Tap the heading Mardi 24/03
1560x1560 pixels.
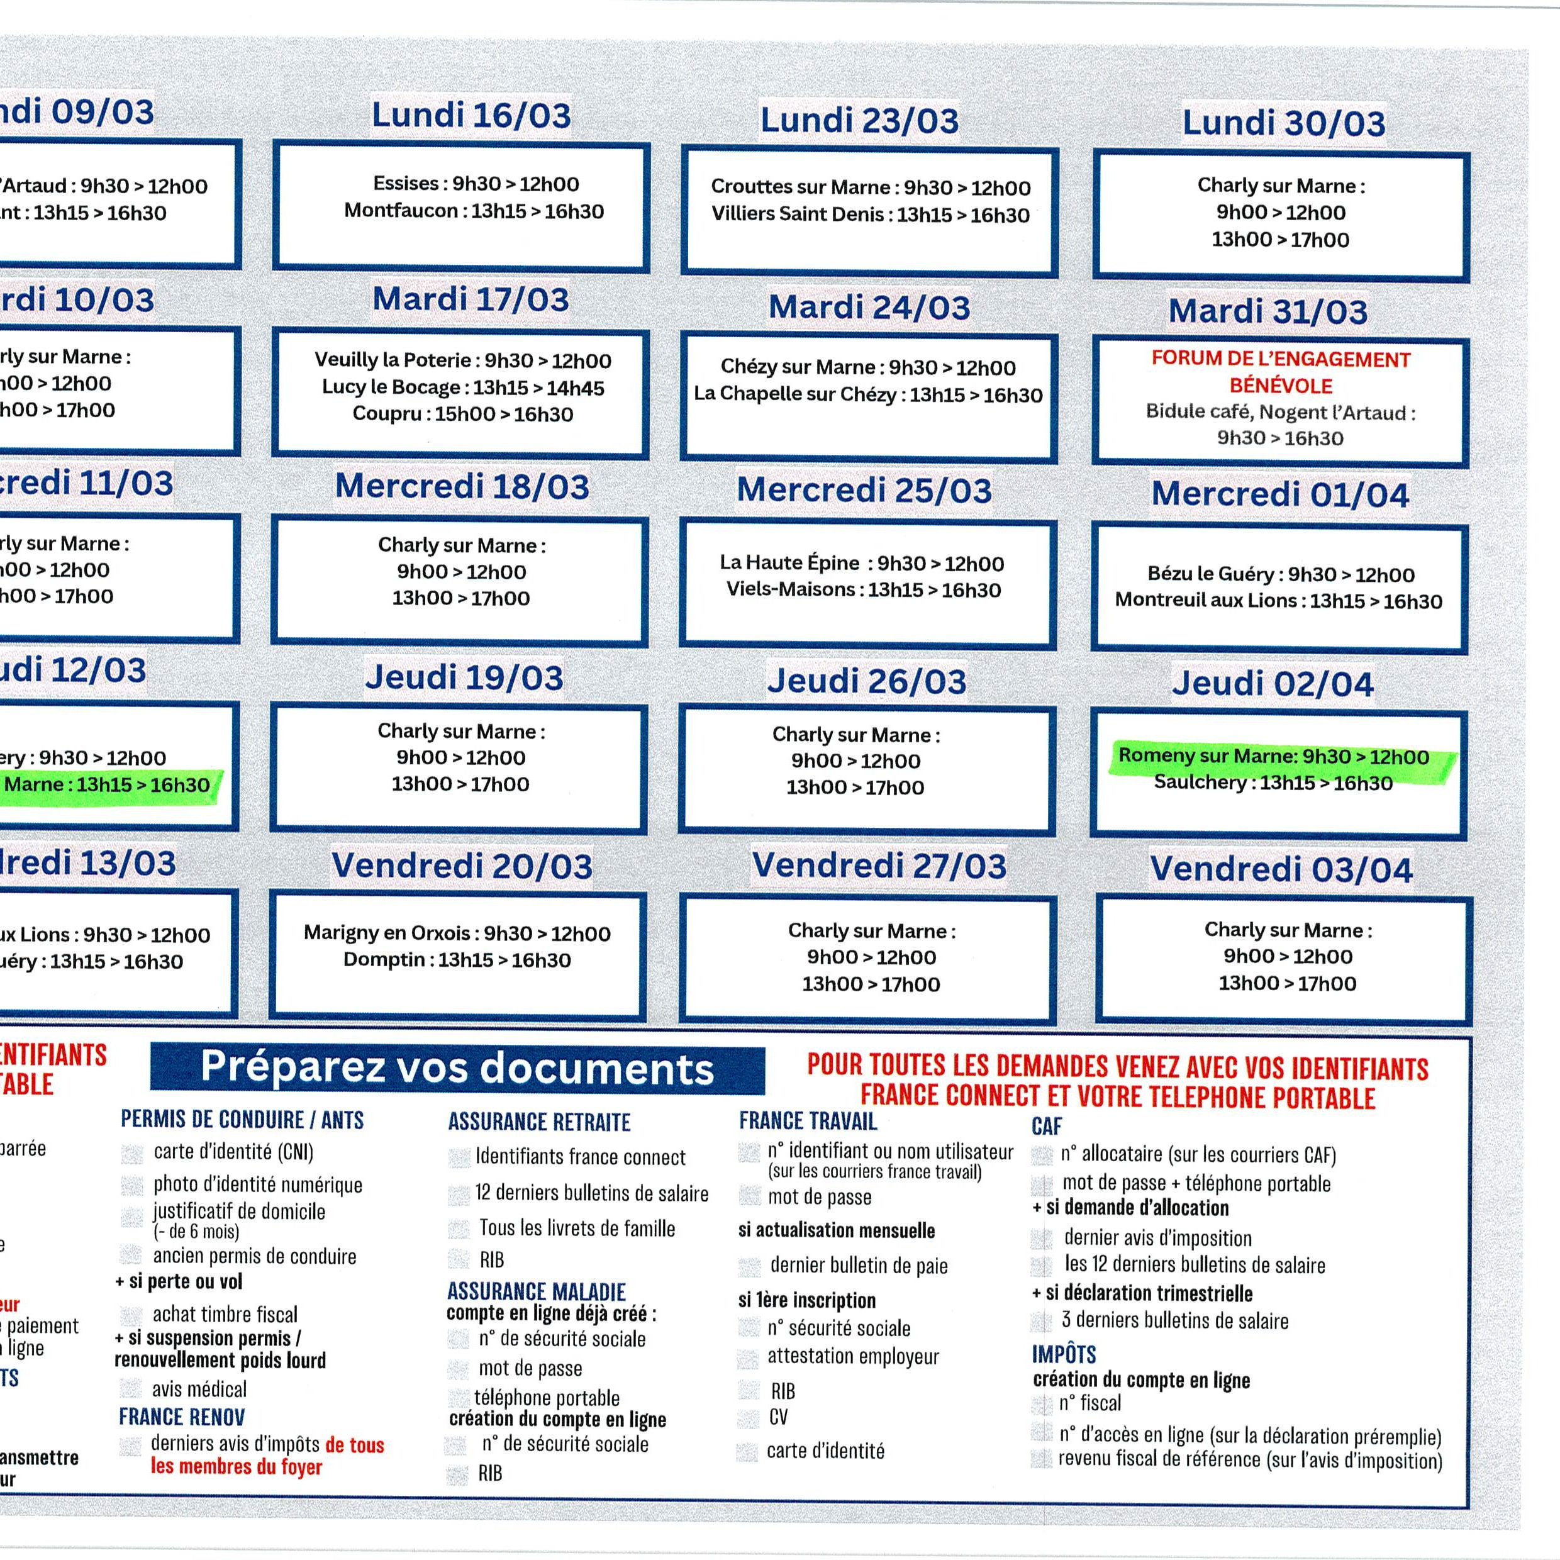coord(869,308)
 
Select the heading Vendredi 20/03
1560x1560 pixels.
coord(462,866)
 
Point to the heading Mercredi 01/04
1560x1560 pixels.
coord(1280,494)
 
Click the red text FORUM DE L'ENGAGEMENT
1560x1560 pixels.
coord(1281,359)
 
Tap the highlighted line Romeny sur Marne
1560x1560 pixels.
coord(1273,757)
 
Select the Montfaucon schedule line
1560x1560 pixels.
coord(474,211)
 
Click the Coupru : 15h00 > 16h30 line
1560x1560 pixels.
coord(463,415)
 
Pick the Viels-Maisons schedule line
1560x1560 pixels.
coord(863,589)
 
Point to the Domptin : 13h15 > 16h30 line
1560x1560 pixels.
coord(457,960)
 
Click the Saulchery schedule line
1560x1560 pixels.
coord(1273,783)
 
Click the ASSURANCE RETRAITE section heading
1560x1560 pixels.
coord(539,1122)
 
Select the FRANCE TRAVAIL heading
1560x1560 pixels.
coord(808,1121)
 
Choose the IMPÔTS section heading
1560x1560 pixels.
coord(1064,1354)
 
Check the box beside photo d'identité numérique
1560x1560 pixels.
coord(131,1185)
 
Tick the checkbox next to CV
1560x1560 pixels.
coord(749,1418)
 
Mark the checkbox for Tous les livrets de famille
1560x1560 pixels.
coord(459,1229)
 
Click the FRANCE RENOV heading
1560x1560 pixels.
coord(182,1417)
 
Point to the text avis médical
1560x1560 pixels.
coord(199,1389)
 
